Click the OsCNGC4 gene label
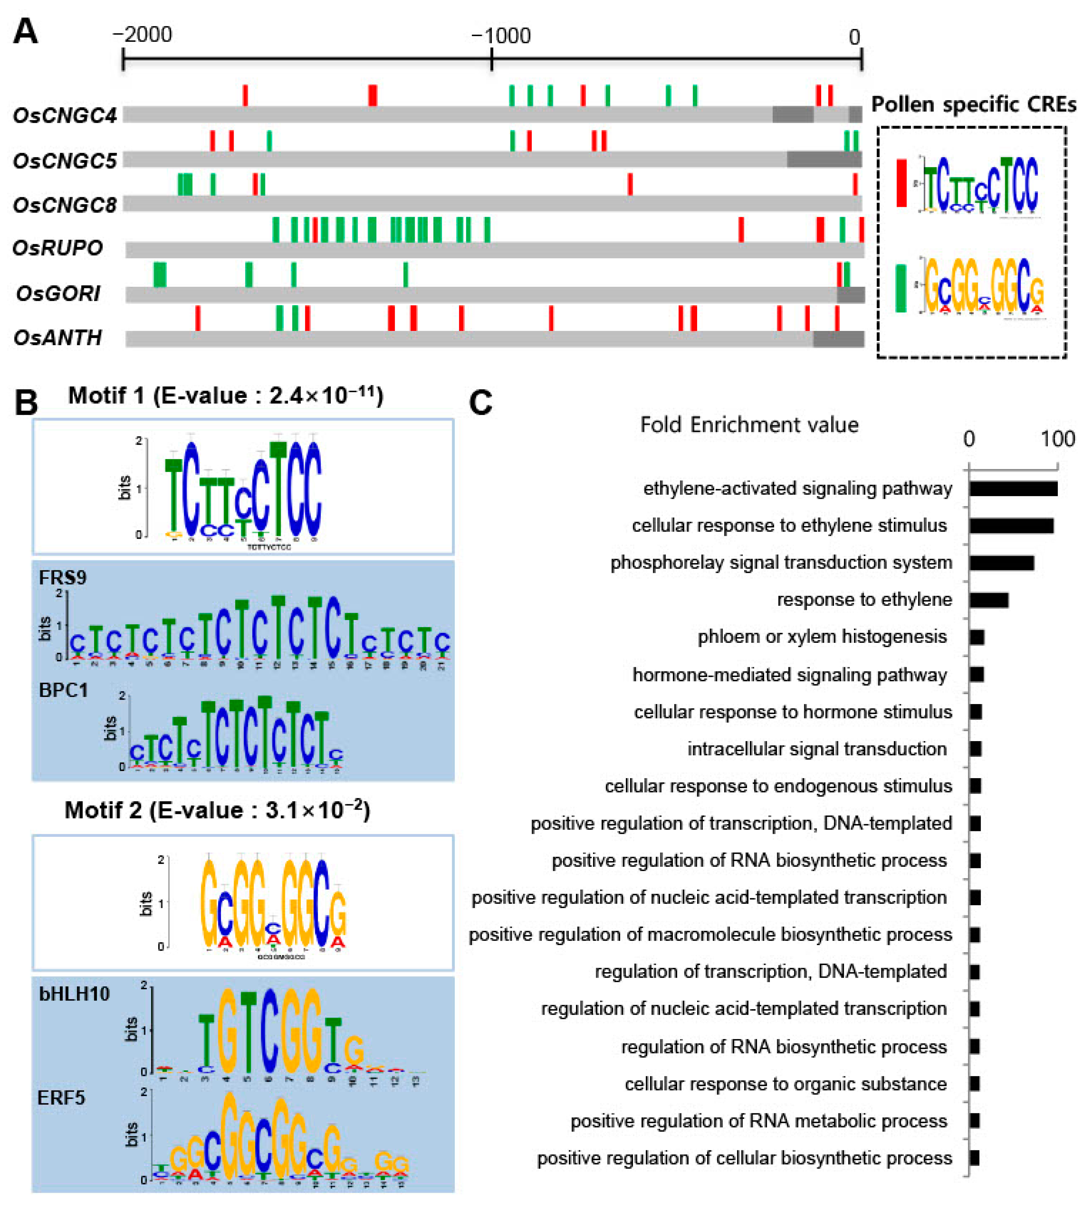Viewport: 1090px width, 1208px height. click(x=65, y=115)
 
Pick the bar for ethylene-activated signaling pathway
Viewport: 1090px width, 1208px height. click(x=1013, y=488)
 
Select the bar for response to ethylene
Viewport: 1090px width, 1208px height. click(x=989, y=600)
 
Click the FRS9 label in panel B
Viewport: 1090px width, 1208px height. click(x=62, y=578)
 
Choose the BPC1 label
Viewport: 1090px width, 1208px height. click(x=63, y=690)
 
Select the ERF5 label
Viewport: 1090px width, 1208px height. click(x=61, y=1098)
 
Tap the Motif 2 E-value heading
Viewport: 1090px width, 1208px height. click(x=218, y=810)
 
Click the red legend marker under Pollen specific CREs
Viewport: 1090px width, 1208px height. click(x=901, y=183)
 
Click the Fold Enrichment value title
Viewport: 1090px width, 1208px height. click(x=749, y=425)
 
